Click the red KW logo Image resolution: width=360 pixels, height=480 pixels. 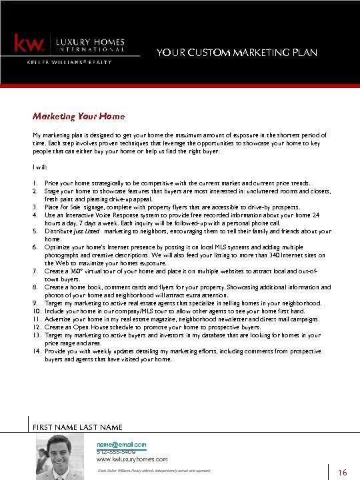pyautogui.click(x=29, y=44)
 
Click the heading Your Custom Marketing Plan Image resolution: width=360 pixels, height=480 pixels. pyautogui.click(x=237, y=53)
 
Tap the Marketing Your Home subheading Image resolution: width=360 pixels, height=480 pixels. pyautogui.click(x=78, y=116)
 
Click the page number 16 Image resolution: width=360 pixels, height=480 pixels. pyautogui.click(x=343, y=473)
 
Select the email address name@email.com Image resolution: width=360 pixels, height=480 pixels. pyautogui.click(x=121, y=444)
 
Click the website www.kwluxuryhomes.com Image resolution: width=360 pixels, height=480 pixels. pyautogui.click(x=132, y=459)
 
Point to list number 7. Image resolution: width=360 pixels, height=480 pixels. pyautogui.click(x=35, y=272)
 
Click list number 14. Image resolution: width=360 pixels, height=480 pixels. pyautogui.click(x=36, y=351)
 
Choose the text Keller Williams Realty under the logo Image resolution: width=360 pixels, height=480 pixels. pyautogui.click(x=69, y=62)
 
